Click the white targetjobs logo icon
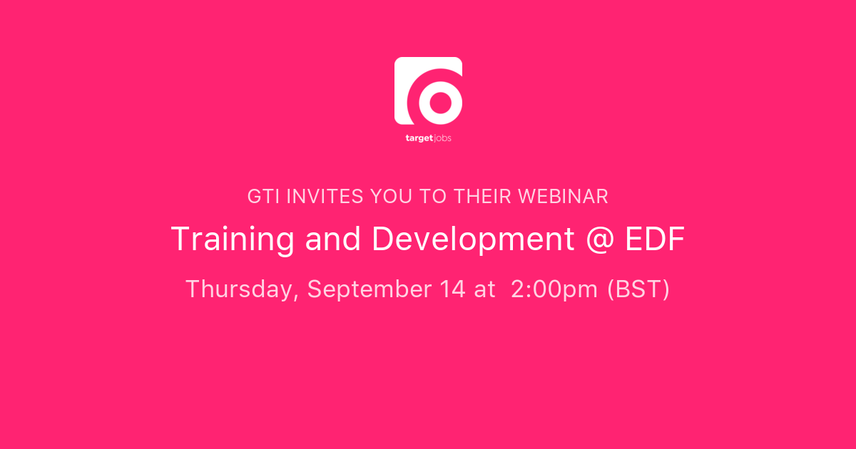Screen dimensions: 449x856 coord(428,91)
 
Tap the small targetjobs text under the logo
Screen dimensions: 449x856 coord(428,138)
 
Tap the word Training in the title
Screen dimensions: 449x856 coord(233,239)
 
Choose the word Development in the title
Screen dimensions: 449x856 coord(473,239)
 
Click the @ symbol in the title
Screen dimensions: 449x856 coord(600,239)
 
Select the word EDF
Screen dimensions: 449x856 coord(655,239)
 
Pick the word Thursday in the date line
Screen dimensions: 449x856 coord(242,289)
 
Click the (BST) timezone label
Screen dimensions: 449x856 coord(638,289)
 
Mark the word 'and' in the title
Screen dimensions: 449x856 coord(332,239)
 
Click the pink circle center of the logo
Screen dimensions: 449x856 coord(439,102)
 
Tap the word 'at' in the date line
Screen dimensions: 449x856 coord(484,289)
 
